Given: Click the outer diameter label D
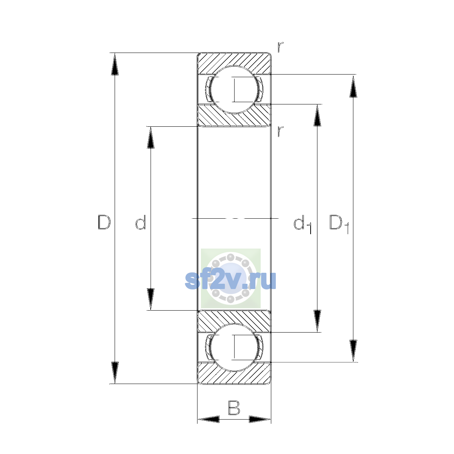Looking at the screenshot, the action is (x=104, y=222).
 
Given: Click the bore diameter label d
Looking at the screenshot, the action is (x=141, y=222).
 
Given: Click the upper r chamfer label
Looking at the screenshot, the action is (x=280, y=47).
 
